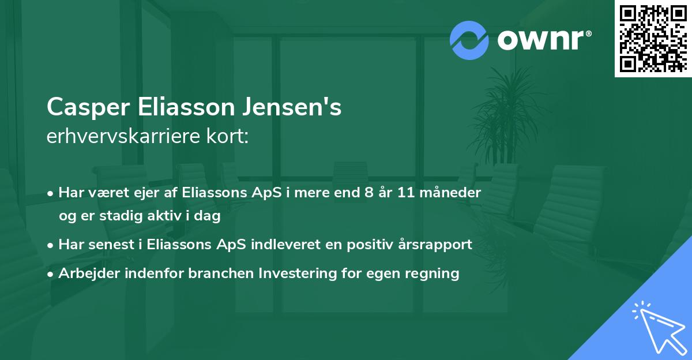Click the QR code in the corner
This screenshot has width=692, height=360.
pos(653,38)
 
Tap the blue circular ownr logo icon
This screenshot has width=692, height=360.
pos(470,40)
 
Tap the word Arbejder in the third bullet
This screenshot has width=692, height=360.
pos(85,273)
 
